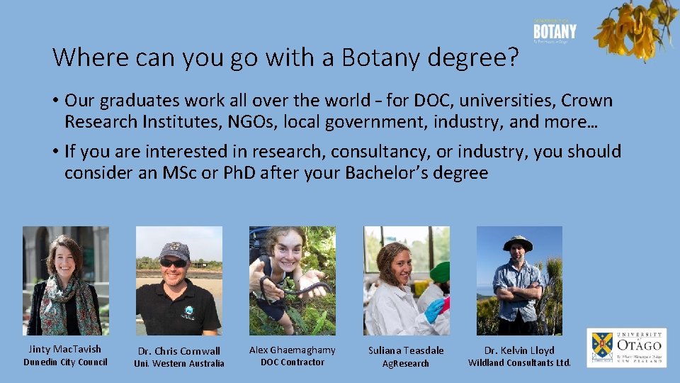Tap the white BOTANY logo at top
click(555, 32)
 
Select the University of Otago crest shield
click(603, 347)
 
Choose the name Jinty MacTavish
click(65, 349)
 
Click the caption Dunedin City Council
click(65, 362)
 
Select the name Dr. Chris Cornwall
click(179, 351)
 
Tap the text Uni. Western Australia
click(179, 364)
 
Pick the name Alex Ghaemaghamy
click(293, 350)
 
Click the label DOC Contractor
click(293, 362)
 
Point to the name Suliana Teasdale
click(406, 350)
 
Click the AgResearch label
click(406, 364)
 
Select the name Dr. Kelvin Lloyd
click(519, 350)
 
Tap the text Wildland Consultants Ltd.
click(519, 363)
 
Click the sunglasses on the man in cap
click(174, 263)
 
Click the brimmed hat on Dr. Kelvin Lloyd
click(518, 243)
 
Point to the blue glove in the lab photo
click(433, 309)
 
